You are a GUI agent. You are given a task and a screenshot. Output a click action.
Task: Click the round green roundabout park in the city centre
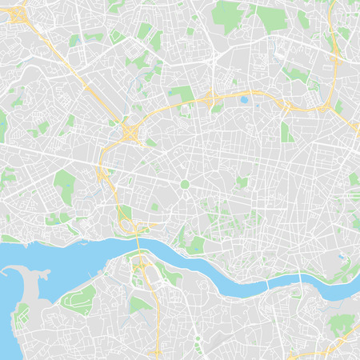click(x=185, y=184)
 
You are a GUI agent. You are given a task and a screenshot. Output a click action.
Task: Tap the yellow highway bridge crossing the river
click(x=141, y=250)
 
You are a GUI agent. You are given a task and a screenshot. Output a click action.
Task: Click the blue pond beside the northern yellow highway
click(x=243, y=100)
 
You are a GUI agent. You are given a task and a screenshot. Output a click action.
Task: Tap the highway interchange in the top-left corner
click(x=18, y=18)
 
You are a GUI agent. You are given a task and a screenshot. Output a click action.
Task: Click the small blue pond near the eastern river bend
click(x=341, y=257)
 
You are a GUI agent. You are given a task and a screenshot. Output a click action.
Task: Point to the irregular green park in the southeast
click(x=340, y=324)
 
